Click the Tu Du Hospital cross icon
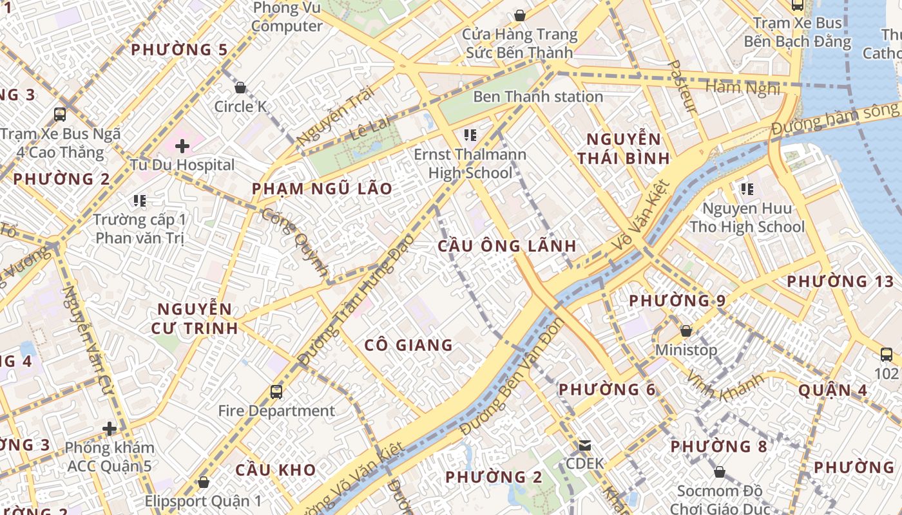point(182,146)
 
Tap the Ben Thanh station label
point(538,97)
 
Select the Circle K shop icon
point(240,88)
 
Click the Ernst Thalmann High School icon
point(470,135)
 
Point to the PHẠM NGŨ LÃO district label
point(321,189)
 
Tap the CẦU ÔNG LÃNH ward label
point(507,246)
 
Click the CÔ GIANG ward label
point(408,345)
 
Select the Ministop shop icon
point(686,331)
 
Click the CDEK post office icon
point(585,445)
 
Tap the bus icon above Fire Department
point(276,391)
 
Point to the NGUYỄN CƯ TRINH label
point(195,319)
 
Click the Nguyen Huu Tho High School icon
point(747,189)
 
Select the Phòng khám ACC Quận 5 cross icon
point(110,428)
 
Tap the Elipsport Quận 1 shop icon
point(204,482)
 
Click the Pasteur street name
point(683,86)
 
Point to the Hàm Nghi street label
point(742,87)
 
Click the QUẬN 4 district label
point(833,390)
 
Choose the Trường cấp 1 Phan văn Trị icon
point(140,201)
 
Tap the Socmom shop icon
point(720,473)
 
